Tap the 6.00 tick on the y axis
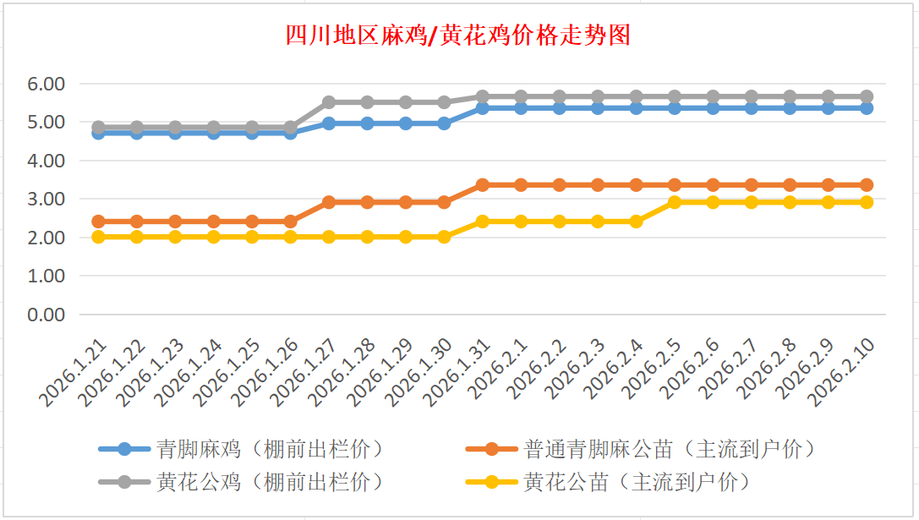(46, 84)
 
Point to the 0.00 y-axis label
(46, 315)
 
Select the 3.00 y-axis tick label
(46, 199)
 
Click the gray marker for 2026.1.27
(329, 102)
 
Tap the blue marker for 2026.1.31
(483, 108)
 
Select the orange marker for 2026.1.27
(329, 202)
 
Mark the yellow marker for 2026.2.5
(675, 202)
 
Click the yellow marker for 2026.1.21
(98, 237)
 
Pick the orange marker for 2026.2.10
(867, 184)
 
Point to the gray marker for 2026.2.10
(867, 96)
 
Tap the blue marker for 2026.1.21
(98, 133)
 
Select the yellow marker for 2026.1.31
(483, 222)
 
